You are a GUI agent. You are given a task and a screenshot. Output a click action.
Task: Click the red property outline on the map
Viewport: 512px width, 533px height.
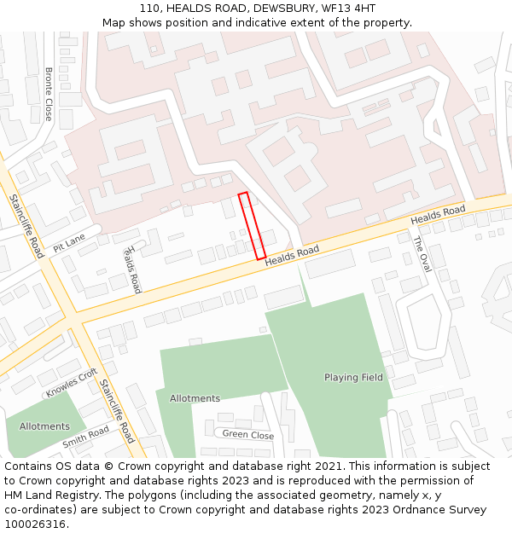click(252, 226)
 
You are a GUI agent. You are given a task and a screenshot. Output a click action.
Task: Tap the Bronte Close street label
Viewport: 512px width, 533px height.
click(49, 94)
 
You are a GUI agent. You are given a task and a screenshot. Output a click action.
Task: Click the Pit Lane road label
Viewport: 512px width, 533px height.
click(69, 243)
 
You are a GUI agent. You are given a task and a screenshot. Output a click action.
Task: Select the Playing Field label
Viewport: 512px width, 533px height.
click(353, 377)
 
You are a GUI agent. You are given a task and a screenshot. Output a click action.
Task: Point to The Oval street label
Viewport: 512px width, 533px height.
click(422, 254)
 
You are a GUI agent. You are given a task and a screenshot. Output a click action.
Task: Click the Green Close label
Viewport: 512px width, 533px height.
click(248, 435)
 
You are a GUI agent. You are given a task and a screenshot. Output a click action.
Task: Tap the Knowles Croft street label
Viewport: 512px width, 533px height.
click(72, 383)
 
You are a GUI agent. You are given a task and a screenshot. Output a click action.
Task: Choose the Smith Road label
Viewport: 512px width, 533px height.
click(85, 437)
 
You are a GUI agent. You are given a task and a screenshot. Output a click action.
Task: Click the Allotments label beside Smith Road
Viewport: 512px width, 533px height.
click(44, 426)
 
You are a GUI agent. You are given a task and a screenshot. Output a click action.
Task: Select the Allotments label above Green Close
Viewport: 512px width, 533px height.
click(195, 398)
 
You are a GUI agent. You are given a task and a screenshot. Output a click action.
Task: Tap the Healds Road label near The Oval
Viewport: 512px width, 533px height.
click(438, 216)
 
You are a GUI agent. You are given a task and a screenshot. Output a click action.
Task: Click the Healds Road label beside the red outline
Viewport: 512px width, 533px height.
click(291, 255)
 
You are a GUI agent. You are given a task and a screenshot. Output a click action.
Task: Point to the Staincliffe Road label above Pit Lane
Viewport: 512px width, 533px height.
click(26, 226)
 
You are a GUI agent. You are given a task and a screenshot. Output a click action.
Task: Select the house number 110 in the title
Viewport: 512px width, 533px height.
click(149, 8)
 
